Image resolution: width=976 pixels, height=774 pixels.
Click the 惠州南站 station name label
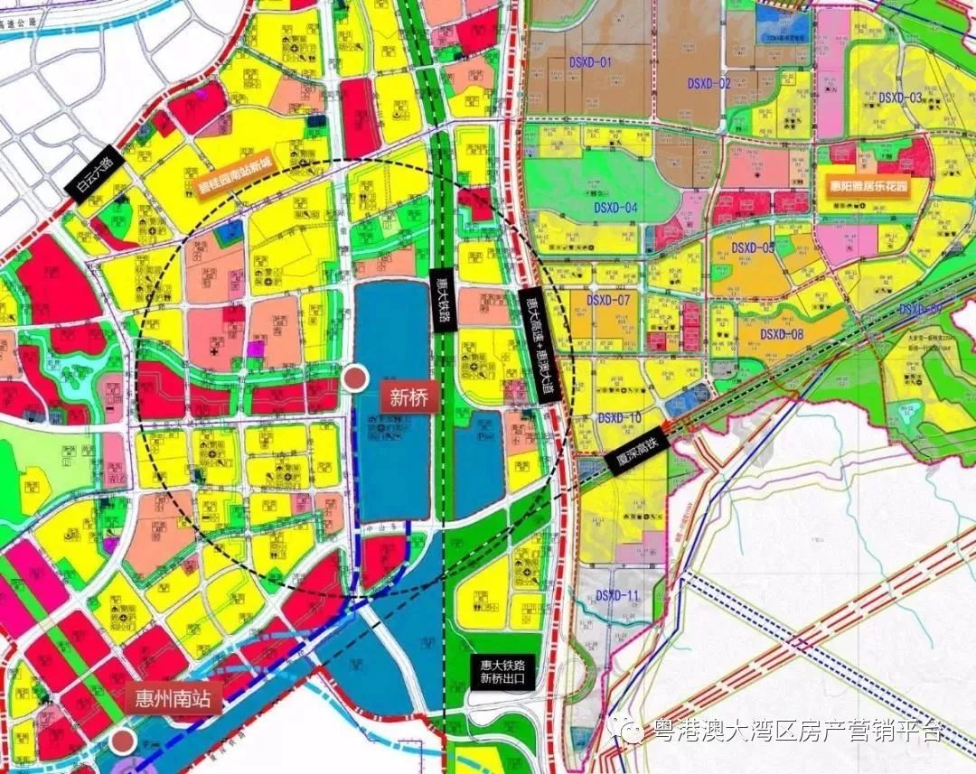(172, 701)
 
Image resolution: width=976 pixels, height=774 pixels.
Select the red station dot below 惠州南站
(123, 741)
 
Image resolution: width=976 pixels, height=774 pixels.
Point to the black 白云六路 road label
(93, 173)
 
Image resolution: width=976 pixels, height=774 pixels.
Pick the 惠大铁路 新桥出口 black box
(502, 670)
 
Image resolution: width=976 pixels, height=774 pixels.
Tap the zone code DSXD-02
(709, 83)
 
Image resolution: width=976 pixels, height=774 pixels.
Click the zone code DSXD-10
(619, 418)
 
